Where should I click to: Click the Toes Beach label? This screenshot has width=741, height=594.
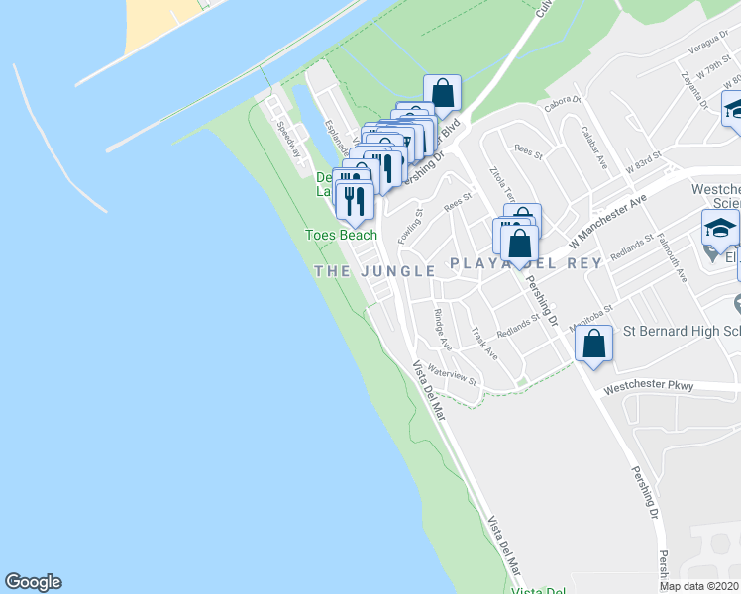click(341, 235)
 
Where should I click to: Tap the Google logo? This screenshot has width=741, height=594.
click(33, 582)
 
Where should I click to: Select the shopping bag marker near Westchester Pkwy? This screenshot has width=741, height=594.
click(593, 346)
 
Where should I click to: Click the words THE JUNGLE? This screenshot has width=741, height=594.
click(375, 270)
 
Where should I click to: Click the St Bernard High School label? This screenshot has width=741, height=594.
click(679, 331)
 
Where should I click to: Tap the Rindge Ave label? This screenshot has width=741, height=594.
click(442, 329)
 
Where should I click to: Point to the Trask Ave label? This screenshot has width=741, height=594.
click(484, 343)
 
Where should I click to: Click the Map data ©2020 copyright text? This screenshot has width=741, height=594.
click(699, 586)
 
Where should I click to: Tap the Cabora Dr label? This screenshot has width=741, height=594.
click(560, 104)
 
